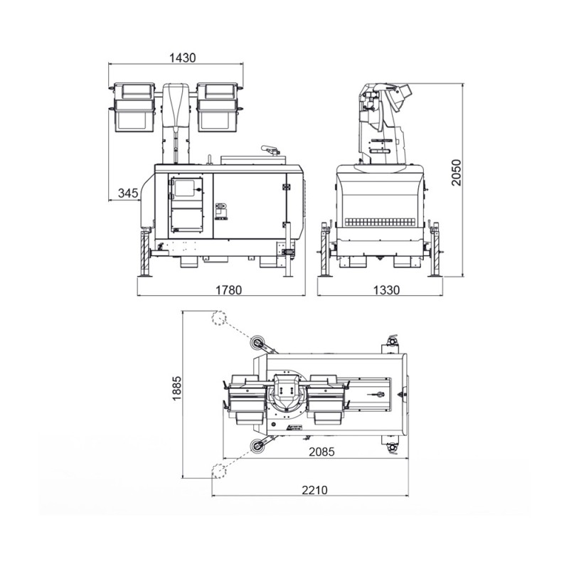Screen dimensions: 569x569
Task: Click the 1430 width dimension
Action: tap(183, 58)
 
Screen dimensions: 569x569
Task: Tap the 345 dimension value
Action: tap(129, 193)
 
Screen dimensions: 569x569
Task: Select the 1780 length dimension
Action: tap(228, 289)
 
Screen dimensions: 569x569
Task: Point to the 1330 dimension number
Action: tap(386, 289)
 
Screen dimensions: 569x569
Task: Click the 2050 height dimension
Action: tap(456, 173)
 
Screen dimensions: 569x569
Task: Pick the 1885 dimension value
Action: tap(176, 388)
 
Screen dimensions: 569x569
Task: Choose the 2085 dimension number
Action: tap(321, 452)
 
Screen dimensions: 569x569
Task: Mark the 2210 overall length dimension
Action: tap(314, 490)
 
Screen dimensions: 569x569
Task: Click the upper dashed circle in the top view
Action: tap(219, 318)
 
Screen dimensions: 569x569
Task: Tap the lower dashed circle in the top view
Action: tap(219, 471)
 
